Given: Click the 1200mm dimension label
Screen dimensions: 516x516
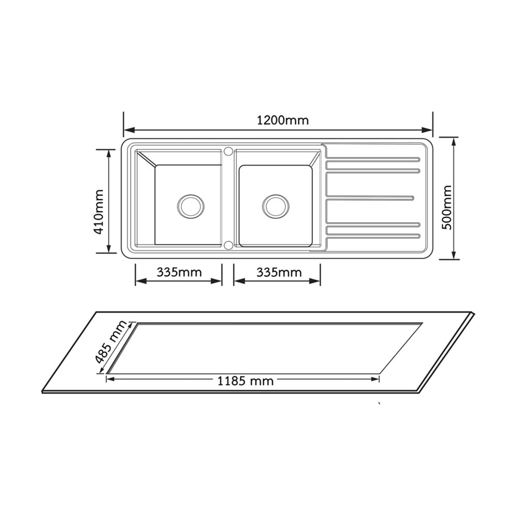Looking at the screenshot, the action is click(283, 120).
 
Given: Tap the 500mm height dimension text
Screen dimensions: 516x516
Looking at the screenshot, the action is click(446, 207).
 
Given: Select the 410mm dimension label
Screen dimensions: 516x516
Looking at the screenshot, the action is click(99, 212).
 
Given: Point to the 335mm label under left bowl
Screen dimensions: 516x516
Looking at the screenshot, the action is click(179, 272).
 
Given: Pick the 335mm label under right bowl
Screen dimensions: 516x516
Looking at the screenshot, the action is click(279, 272).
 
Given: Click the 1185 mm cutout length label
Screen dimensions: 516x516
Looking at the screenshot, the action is click(246, 381).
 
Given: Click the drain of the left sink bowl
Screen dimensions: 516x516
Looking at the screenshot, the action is click(190, 206).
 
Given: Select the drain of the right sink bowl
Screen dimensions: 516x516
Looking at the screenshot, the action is click(276, 206).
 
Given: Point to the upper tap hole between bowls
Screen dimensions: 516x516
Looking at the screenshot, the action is click(228, 151).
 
